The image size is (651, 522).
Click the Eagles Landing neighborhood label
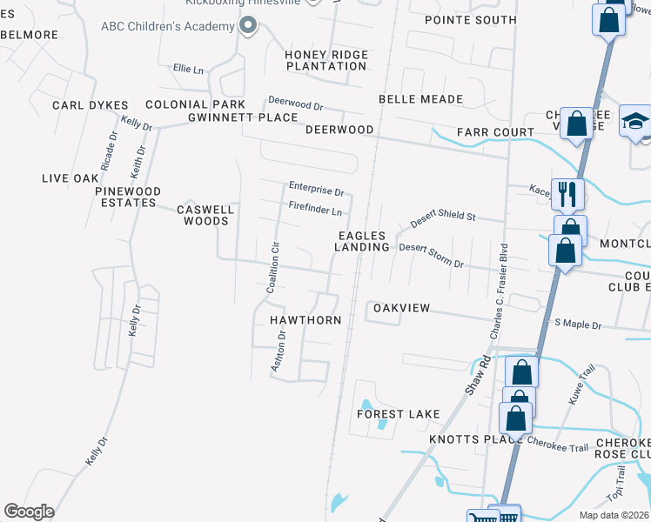pos(363,241)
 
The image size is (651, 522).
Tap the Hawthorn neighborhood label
pos(305,320)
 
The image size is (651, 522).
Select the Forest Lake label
pos(399,414)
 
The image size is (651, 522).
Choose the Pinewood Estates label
pos(127,197)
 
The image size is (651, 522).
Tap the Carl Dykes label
pos(91,105)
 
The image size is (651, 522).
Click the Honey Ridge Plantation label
pos(327,60)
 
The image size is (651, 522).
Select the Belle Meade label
pos(420,99)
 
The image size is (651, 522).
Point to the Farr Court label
pos(495,132)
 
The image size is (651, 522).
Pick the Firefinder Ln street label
pos(315,209)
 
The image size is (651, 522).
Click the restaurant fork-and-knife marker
pos(567,193)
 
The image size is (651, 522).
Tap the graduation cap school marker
pos(635,121)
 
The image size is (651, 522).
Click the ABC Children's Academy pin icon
pos(248,25)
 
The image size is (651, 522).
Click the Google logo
pos(29,512)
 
